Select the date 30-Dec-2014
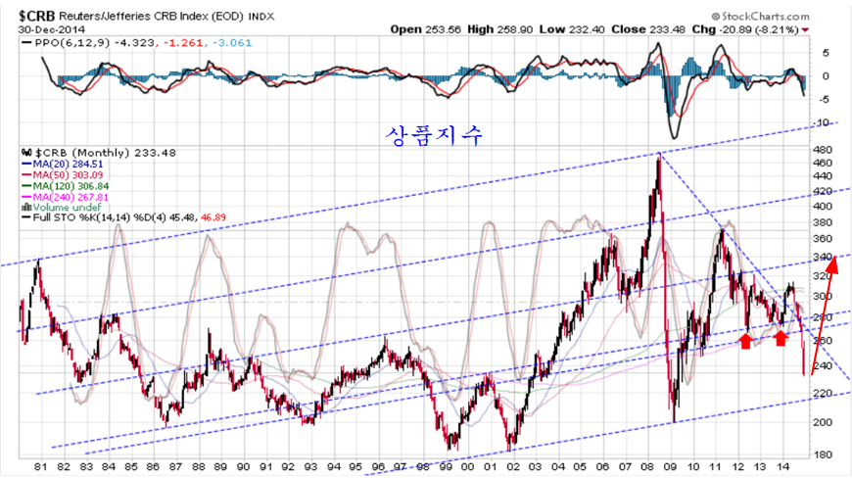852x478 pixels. (x=49, y=29)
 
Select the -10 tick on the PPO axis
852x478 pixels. (x=825, y=122)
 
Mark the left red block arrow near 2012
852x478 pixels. (x=745, y=340)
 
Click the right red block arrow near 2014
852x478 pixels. (x=781, y=337)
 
